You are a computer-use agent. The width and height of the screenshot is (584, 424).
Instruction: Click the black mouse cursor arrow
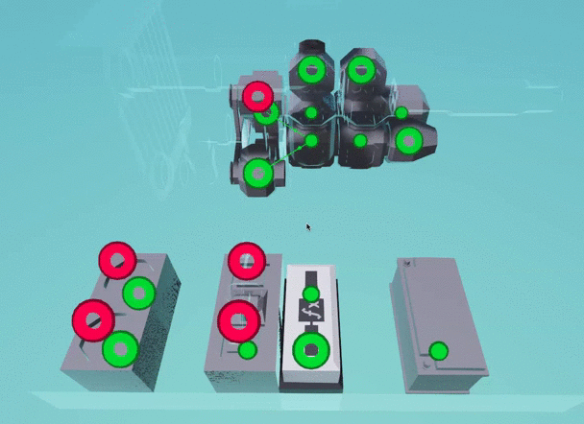coord(308,227)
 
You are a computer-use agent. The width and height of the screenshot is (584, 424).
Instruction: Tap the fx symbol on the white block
coord(311,310)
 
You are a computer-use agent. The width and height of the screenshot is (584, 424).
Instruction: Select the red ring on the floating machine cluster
coord(257,97)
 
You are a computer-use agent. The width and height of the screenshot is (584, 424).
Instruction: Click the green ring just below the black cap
coord(312,70)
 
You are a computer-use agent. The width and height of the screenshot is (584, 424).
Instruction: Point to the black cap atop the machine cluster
coord(312,47)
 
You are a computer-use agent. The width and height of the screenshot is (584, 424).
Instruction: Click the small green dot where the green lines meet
coord(311,141)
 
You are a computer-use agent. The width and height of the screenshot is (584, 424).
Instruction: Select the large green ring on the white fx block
coord(311,350)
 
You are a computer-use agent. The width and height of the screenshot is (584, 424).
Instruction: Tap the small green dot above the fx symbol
coord(311,294)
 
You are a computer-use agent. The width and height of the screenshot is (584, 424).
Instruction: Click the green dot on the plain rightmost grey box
coord(439,351)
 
